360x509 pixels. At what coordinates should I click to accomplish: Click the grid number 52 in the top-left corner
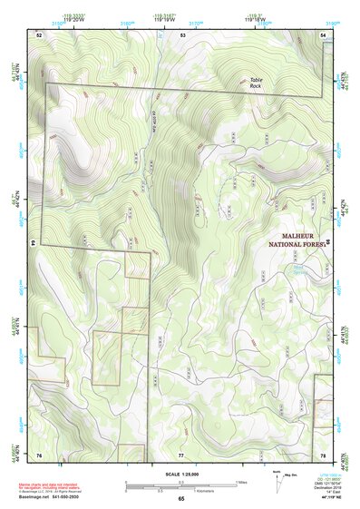[x=39, y=34]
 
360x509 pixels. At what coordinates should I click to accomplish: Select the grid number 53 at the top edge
[x=182, y=34]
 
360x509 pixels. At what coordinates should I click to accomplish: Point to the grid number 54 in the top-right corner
[x=323, y=34]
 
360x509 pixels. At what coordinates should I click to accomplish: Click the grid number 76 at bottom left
[x=39, y=455]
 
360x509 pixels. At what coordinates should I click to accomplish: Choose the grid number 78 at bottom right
[x=323, y=455]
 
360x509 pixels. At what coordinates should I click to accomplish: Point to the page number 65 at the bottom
[x=180, y=499]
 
